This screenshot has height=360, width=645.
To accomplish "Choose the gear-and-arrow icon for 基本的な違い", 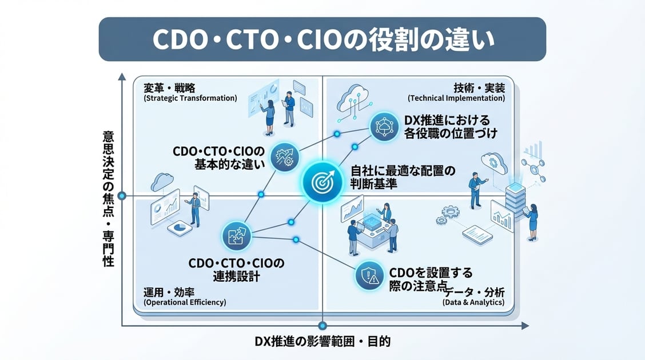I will [285, 156].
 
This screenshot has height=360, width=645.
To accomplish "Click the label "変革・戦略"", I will [169, 87].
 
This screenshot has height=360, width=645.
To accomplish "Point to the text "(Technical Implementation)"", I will [456, 98].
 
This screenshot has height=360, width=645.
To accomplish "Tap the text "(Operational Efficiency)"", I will [185, 302].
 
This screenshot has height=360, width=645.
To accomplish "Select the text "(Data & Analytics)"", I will [473, 302].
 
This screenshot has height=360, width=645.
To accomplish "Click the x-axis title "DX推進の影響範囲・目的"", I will [322, 342].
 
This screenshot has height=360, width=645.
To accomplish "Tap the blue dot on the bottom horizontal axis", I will [322, 326].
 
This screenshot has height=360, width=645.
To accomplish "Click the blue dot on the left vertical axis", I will [121, 196].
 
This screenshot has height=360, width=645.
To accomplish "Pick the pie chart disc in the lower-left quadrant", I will [177, 227].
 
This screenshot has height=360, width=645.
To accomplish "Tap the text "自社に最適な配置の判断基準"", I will [402, 178].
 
